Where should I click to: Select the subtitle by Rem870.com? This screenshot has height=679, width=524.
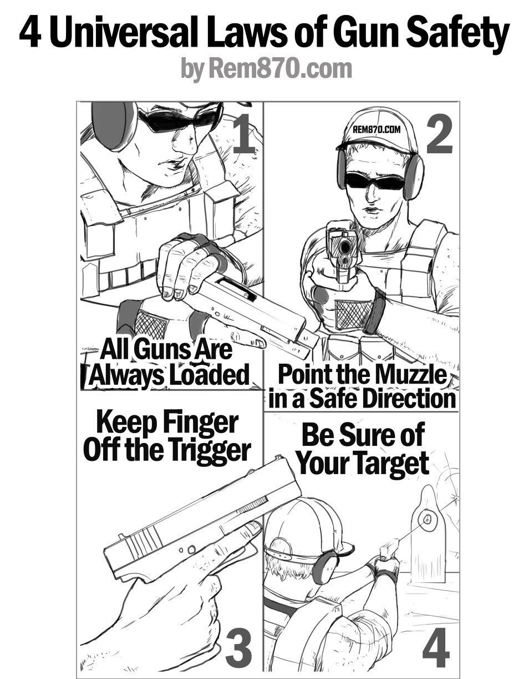pyautogui.click(x=266, y=69)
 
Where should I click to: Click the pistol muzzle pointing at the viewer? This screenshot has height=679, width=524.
pyautogui.click(x=345, y=247)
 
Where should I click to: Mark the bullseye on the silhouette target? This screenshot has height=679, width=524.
pyautogui.click(x=428, y=520)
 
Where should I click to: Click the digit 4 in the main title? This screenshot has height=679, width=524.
pyautogui.click(x=30, y=34)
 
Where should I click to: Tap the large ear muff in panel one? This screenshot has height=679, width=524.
pyautogui.click(x=113, y=125)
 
